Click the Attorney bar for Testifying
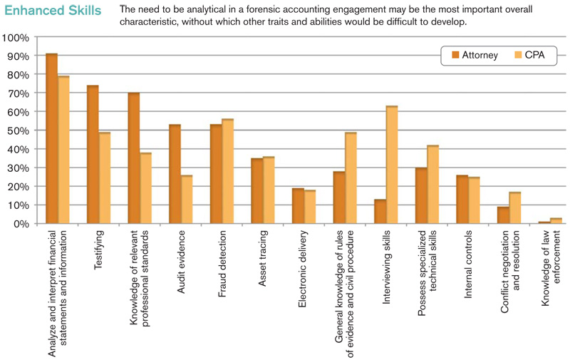click(93, 155)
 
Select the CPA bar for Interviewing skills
click(391, 165)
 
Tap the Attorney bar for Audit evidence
click(175, 175)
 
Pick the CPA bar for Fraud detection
click(227, 172)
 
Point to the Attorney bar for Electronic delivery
click(298, 206)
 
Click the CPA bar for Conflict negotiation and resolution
click(514, 208)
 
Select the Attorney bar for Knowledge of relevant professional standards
click(133, 158)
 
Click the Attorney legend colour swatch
click(454, 55)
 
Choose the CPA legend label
click(535, 55)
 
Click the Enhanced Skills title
click(52, 11)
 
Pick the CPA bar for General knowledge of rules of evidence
click(351, 178)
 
